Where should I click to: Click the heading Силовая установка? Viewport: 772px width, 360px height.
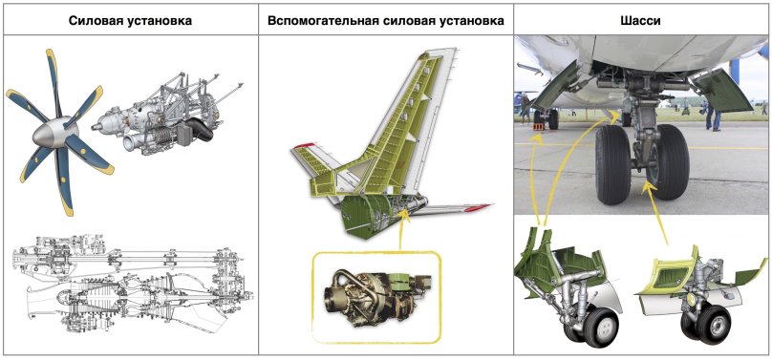point(129,19)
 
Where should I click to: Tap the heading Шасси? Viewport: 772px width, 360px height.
point(641,19)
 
